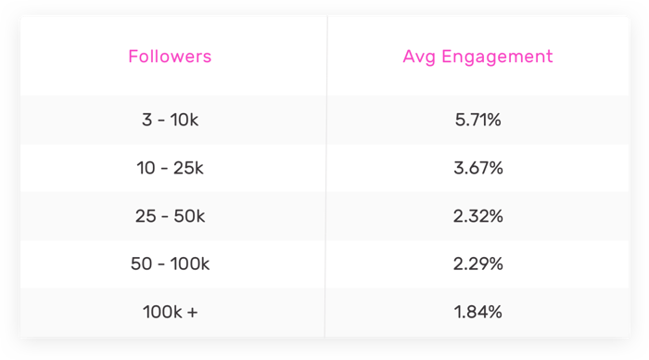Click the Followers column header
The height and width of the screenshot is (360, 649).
coord(170,57)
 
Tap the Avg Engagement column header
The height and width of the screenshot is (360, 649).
coord(477,57)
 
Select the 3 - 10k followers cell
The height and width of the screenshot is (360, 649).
coord(171,120)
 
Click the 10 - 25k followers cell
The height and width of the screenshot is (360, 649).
coord(171,168)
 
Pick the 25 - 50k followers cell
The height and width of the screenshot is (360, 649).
coord(171,216)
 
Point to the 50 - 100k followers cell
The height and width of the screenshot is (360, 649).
coord(171,264)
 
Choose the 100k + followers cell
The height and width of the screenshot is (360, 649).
coord(171,313)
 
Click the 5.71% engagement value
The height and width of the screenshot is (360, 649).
coord(478,120)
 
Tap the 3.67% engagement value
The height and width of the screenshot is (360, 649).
coord(478,168)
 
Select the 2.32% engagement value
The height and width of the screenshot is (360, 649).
coord(478,216)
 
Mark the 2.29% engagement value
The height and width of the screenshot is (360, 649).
coord(478,264)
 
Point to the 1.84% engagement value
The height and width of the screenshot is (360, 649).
coord(478,313)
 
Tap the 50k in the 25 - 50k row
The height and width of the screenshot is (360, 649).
coord(189,216)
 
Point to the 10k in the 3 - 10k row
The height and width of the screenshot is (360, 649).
coord(184,120)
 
